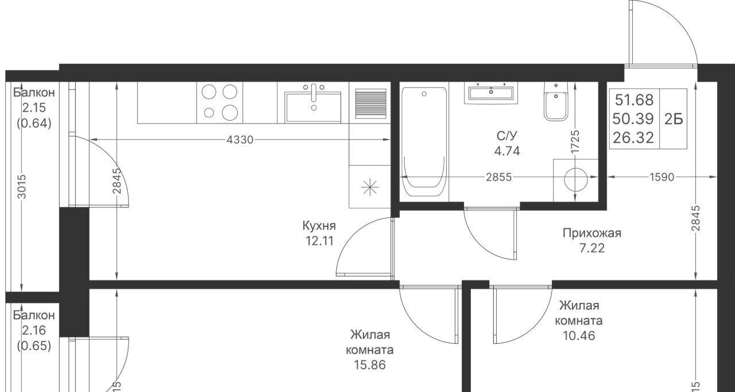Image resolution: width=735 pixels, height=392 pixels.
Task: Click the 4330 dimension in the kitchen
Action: pos(240,140)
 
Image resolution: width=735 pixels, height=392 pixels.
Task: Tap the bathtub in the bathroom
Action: pos(424,142)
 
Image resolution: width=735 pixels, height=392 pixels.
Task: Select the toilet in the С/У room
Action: pos(556,101)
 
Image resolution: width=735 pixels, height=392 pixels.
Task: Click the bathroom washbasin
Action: pos(491,93)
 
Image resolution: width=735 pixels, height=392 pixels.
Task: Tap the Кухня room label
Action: pos(319,226)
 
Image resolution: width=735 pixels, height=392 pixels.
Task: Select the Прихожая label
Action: pos(592,233)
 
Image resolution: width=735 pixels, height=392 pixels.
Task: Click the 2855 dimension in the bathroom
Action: pos(499,177)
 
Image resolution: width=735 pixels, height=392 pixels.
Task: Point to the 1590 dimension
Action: pos(662,177)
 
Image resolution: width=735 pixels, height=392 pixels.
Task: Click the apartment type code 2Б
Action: pos(674,119)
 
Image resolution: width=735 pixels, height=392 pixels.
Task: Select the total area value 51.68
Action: pos(634,100)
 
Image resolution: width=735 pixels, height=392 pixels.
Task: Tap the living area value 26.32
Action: pos(633,137)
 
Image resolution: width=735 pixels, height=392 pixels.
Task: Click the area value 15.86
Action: pos(370,365)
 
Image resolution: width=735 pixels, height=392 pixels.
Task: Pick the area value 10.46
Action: pos(579,336)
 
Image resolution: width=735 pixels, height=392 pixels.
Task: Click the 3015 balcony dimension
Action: pos(22,186)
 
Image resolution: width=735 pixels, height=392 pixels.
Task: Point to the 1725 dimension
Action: pos(575,141)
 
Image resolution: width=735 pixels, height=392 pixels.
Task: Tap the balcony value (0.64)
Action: pos(34,123)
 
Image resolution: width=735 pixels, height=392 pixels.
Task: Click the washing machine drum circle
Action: pos(575,179)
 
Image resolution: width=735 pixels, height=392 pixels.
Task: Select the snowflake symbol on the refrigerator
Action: pos(370,187)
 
